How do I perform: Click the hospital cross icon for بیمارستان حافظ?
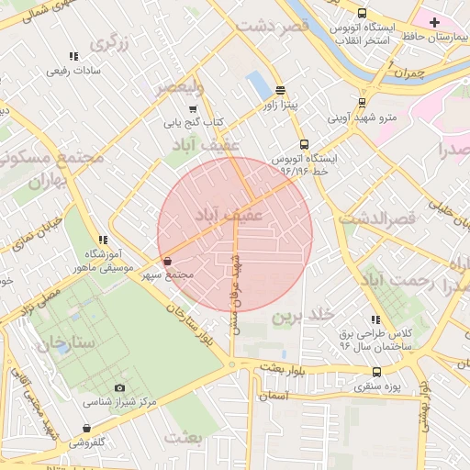pyautogui.click(x=434, y=22)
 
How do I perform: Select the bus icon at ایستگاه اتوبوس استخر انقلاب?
pyautogui.click(x=363, y=14)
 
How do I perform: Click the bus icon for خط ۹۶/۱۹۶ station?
pyautogui.click(x=304, y=144)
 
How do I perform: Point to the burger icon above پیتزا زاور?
pyautogui.click(x=266, y=91)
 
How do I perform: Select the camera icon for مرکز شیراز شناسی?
pyautogui.click(x=119, y=388)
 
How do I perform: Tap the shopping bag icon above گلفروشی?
pyautogui.click(x=86, y=428)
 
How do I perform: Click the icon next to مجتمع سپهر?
pyautogui.click(x=166, y=263)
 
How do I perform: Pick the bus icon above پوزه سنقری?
pyautogui.click(x=376, y=372)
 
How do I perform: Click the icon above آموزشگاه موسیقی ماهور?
pyautogui.click(x=103, y=240)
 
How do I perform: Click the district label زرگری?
pyautogui.click(x=108, y=41)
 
